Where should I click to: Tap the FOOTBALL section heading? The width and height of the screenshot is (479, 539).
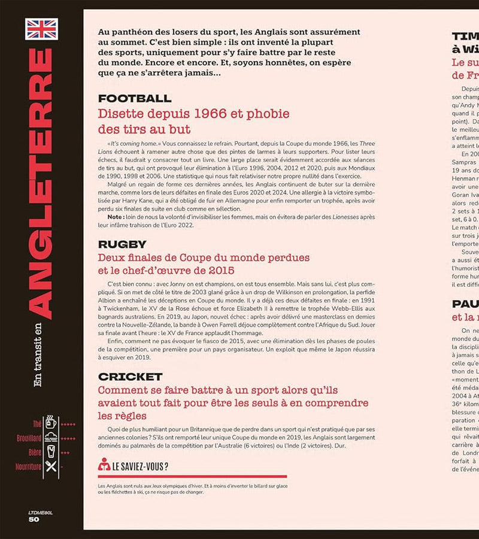135,98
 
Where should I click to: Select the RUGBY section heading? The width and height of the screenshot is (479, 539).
122,244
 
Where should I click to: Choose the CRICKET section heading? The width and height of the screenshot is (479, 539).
130,377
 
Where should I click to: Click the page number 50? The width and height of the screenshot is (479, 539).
34,519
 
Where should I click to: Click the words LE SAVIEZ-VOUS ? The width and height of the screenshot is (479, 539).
140,465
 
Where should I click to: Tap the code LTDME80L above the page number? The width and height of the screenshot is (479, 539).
41,512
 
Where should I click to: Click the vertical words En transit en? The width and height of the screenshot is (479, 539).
38,354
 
